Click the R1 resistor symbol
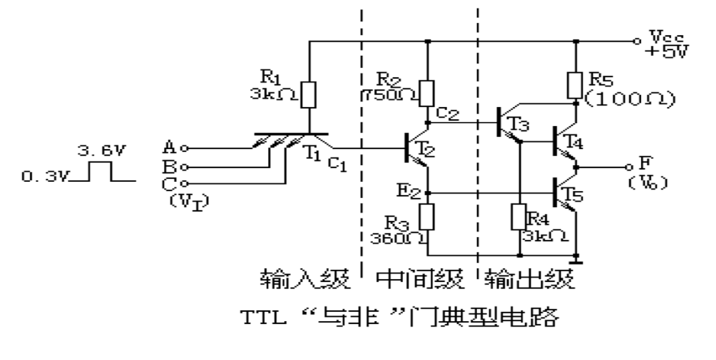pyautogui.click(x=309, y=95)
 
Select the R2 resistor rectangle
pyautogui.click(x=428, y=92)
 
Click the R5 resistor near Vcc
pyautogui.click(x=575, y=86)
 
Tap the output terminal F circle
pyautogui.click(x=629, y=165)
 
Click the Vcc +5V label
pyautogui.click(x=664, y=44)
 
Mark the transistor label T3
pyautogui.click(x=520, y=123)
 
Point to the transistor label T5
pyautogui.click(x=575, y=195)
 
